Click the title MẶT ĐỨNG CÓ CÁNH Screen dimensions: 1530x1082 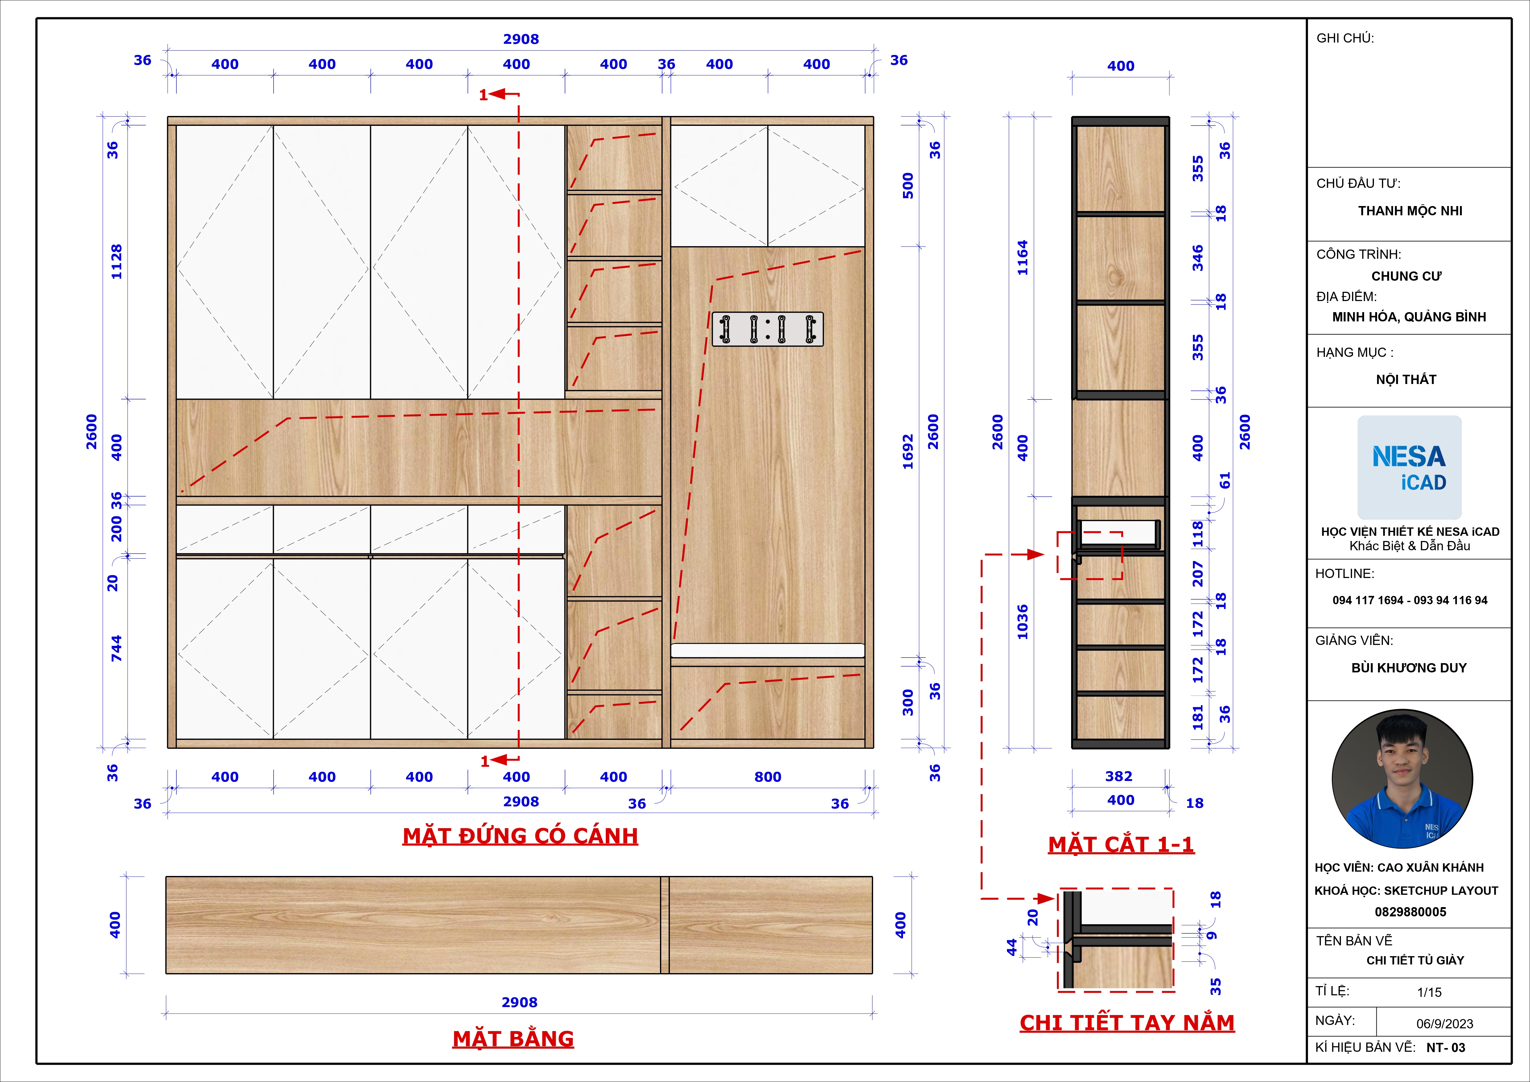pos(521,836)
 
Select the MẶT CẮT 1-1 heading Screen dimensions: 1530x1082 pos(1121,844)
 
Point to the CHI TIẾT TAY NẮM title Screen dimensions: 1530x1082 pos(1127,1023)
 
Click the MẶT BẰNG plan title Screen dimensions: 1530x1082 pos(513,1039)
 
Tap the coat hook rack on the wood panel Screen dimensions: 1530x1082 pos(768,329)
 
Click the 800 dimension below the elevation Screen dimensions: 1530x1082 pos(768,777)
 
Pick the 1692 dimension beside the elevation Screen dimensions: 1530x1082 pos(908,452)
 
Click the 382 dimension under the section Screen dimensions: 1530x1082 pos(1119,776)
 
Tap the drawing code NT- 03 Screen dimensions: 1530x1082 pos(1446,1047)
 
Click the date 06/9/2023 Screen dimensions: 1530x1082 pos(1445,1023)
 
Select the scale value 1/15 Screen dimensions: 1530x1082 pos(1429,992)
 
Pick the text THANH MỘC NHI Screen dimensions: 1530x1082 pos(1410,211)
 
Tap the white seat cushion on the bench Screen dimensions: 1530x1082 pos(768,650)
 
